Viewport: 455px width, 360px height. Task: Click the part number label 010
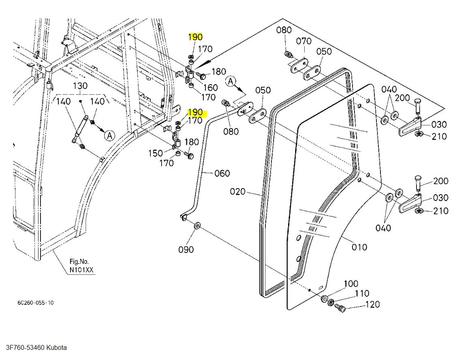[x=359, y=247]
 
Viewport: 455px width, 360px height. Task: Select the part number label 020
[x=238, y=191]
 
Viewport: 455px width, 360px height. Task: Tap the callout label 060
[x=222, y=174]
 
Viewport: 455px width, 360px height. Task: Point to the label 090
[x=186, y=249]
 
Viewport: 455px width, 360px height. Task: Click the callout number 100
[x=351, y=283]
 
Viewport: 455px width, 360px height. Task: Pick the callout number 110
[x=362, y=294]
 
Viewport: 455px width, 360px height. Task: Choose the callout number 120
[x=372, y=304]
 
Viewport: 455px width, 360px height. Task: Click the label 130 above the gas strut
[x=80, y=86]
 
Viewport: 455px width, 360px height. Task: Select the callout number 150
[x=155, y=153]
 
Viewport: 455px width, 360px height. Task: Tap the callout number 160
[x=210, y=88]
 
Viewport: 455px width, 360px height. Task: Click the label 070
[x=303, y=41]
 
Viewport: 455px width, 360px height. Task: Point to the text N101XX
[x=82, y=270]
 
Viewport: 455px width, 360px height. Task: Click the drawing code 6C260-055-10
[x=35, y=303]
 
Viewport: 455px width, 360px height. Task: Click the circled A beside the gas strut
[x=109, y=135]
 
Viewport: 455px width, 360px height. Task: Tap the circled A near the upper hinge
[x=231, y=81]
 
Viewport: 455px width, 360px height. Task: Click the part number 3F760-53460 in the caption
[x=24, y=347]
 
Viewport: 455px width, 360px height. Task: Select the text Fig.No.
[x=79, y=261]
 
